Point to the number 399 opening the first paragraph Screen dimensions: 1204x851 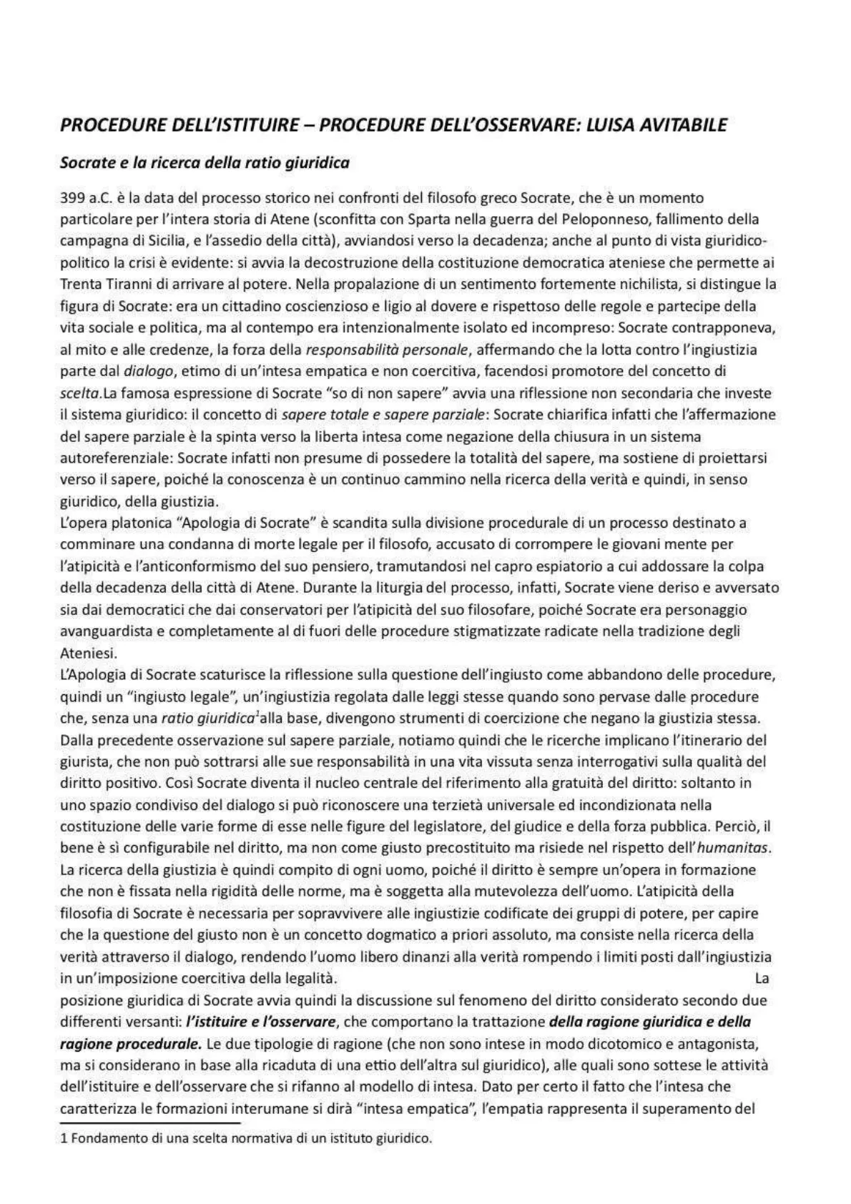72,198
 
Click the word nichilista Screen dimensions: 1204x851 647,284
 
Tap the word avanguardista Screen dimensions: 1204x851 102,632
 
